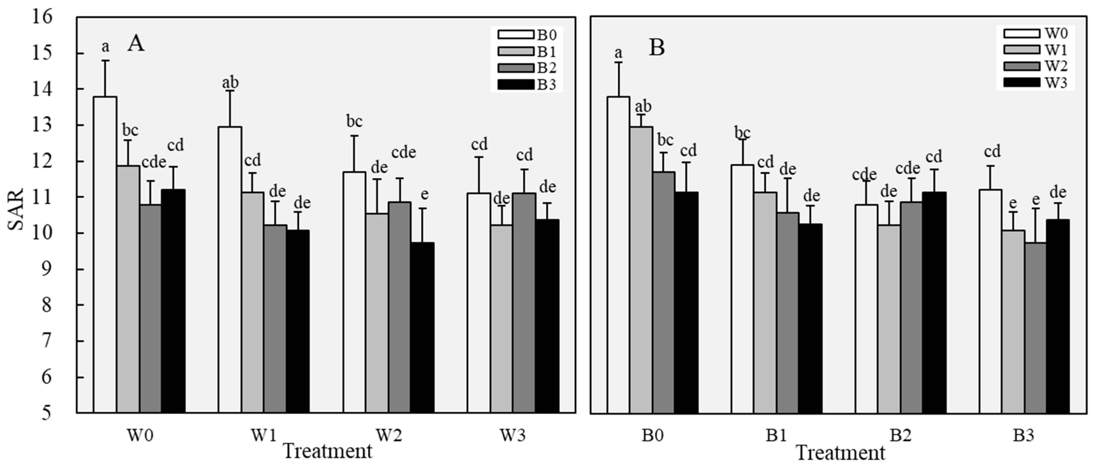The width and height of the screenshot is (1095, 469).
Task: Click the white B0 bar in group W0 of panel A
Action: click(x=105, y=255)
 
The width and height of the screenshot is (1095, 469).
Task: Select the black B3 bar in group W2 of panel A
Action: click(x=422, y=327)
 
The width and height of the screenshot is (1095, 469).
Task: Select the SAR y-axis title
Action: click(x=16, y=209)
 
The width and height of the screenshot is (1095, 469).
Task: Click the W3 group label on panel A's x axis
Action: click(x=512, y=436)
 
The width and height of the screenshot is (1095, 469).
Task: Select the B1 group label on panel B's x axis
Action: click(x=776, y=436)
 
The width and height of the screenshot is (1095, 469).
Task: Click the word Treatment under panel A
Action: click(x=327, y=451)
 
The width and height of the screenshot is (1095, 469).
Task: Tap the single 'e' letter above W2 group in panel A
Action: click(x=424, y=194)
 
